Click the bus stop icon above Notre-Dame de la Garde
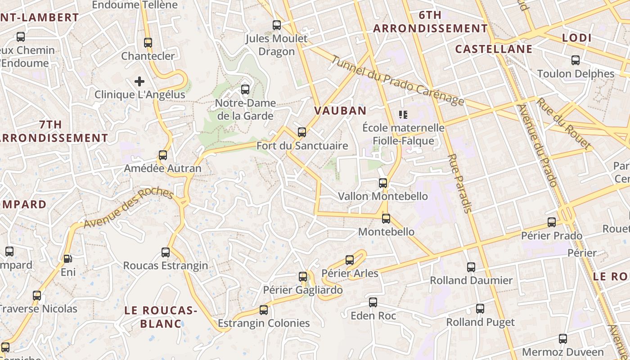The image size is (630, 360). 245,89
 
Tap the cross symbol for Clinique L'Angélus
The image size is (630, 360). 139,81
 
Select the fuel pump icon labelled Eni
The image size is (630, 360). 68,258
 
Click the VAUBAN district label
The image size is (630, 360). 340,111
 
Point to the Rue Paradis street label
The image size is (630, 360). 459,183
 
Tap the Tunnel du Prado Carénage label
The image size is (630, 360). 398,81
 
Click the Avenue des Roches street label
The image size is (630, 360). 128,208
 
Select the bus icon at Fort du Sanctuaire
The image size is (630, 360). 302,132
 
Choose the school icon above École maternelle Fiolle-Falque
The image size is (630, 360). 403,115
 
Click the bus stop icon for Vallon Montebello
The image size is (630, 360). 383,183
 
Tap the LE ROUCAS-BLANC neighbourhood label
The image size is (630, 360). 161,317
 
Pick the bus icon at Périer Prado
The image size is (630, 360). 552,222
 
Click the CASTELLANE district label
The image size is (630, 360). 494,49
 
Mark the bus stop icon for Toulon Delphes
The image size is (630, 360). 575,60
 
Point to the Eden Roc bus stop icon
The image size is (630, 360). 373,302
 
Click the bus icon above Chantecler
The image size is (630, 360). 148,43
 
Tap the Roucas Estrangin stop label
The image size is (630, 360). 166,265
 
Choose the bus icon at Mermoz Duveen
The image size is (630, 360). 562,339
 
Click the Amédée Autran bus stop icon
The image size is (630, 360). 163,155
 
